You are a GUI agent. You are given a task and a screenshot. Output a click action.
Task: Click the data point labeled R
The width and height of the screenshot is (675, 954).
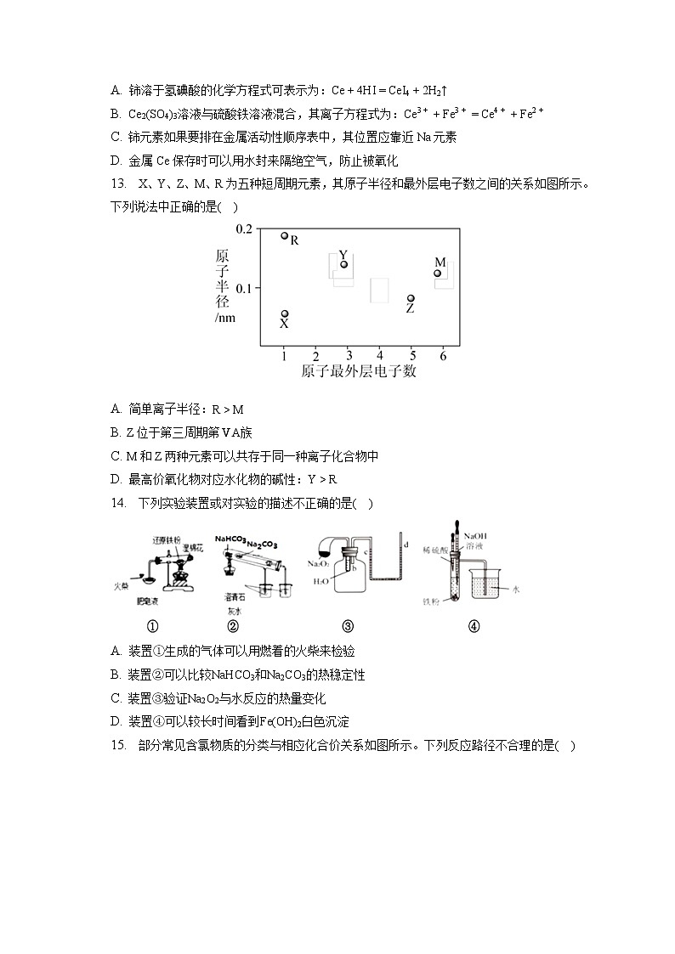click(285, 235)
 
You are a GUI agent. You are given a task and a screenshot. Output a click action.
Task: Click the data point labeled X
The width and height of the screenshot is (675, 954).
click(285, 313)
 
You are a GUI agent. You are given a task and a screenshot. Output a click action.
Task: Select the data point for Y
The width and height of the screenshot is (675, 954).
click(343, 264)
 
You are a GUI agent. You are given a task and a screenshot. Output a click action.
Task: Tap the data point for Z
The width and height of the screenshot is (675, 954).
click(411, 299)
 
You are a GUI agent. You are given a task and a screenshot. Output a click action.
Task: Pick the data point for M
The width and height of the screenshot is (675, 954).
click(438, 273)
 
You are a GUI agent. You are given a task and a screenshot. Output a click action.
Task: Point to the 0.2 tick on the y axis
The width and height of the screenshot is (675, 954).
click(244, 229)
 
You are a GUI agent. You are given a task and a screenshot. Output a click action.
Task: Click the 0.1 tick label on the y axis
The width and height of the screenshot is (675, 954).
click(244, 288)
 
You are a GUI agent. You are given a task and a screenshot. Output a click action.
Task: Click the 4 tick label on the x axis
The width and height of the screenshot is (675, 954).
click(379, 355)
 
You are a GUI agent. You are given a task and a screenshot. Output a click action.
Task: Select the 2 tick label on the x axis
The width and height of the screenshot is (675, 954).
click(316, 355)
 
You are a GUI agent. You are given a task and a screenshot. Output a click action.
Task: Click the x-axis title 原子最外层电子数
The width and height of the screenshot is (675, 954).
click(358, 371)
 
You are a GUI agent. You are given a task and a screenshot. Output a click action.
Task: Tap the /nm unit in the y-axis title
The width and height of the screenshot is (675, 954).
click(225, 318)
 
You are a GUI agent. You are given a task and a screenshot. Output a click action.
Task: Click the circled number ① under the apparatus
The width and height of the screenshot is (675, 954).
click(153, 627)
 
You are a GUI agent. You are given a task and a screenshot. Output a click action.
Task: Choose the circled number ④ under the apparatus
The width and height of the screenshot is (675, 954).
click(474, 627)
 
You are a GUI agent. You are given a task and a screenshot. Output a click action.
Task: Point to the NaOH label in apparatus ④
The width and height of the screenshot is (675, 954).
click(474, 536)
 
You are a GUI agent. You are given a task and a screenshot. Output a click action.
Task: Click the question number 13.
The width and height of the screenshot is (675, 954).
click(119, 183)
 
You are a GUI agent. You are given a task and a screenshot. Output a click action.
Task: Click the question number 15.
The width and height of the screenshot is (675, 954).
click(119, 745)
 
